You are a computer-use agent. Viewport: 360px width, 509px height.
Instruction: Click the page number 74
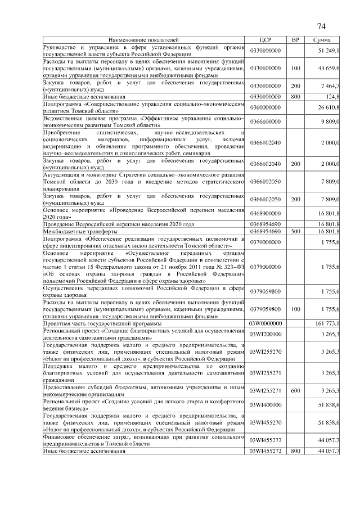pos(322,26)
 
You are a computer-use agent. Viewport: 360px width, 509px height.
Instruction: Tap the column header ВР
pos(295,40)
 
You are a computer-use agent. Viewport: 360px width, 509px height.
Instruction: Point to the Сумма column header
pos(321,40)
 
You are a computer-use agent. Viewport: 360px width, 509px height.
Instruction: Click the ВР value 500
pos(295,231)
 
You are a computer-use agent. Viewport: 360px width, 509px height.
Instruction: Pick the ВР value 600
pos(295,389)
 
